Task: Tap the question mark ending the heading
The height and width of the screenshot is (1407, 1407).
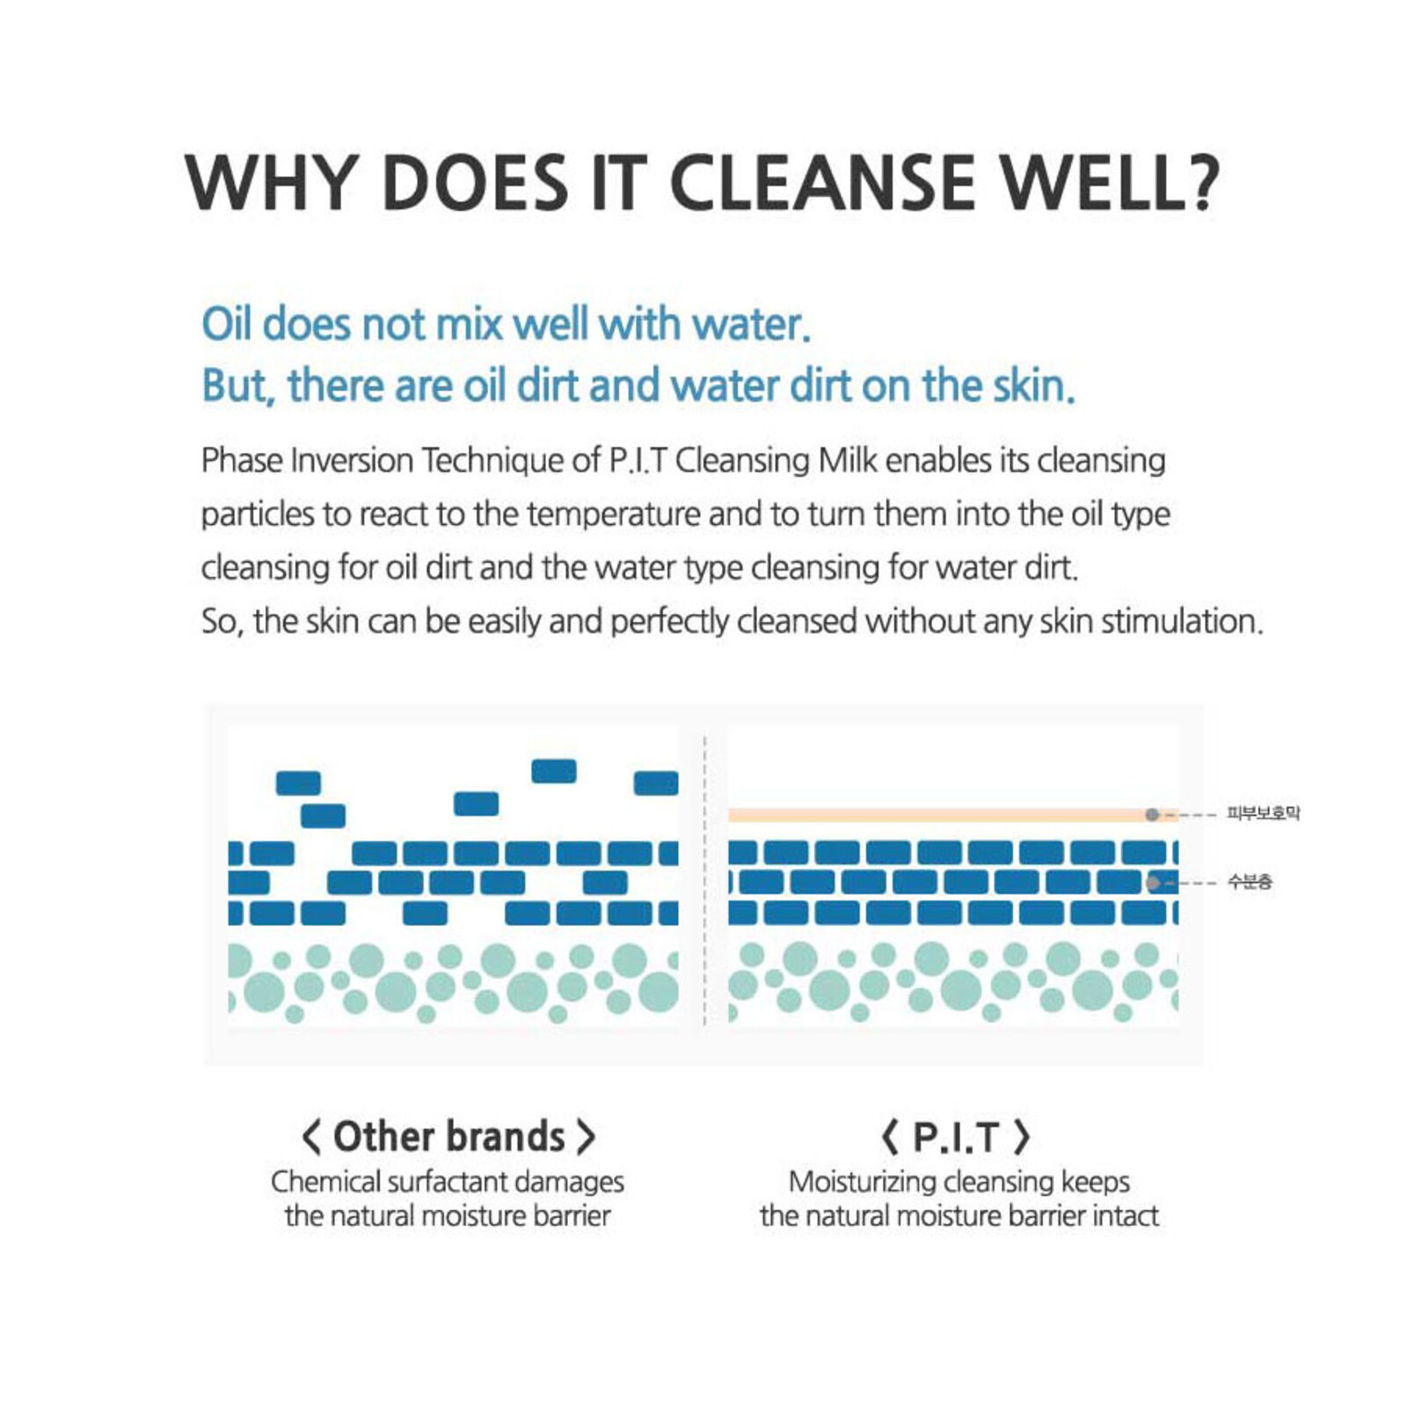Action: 1198,183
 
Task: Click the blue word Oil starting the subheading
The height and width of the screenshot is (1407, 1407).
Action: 227,324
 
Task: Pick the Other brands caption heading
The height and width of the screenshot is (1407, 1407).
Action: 448,1136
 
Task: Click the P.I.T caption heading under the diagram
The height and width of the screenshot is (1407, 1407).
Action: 956,1136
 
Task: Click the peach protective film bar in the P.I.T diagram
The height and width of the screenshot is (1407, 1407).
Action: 932,815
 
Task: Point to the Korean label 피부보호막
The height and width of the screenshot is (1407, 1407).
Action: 1263,813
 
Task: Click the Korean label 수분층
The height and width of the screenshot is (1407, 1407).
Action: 1250,882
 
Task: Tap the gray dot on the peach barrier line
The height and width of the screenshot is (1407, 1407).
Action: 1152,815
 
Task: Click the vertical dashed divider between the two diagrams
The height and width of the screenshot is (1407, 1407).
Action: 704,879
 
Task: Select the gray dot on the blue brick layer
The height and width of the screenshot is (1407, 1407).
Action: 1153,882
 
